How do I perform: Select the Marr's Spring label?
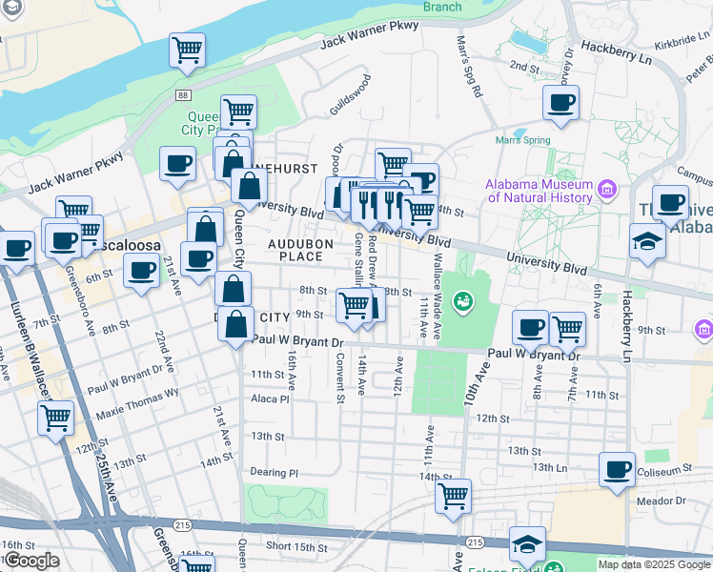pos(522,140)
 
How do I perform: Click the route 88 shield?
pos(182,94)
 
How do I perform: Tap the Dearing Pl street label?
pos(274,472)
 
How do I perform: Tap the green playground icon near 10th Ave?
pos(463,302)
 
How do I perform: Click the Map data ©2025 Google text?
pos(653,564)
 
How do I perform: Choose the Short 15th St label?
pos(296,546)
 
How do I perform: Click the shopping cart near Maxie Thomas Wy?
pos(56,416)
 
